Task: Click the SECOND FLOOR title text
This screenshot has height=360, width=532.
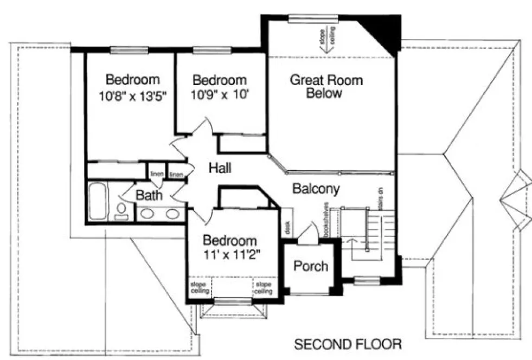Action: tap(348, 344)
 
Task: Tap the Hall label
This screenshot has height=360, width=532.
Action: tap(220, 169)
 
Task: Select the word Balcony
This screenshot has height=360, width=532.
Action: tap(316, 189)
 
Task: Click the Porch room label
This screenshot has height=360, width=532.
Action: tap(311, 266)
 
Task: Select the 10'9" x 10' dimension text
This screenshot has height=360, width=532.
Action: tap(220, 96)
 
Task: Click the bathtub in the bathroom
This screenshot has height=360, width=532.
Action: tap(98, 202)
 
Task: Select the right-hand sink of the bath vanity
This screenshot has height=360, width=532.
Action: tap(172, 214)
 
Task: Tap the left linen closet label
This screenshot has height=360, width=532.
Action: tap(156, 174)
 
